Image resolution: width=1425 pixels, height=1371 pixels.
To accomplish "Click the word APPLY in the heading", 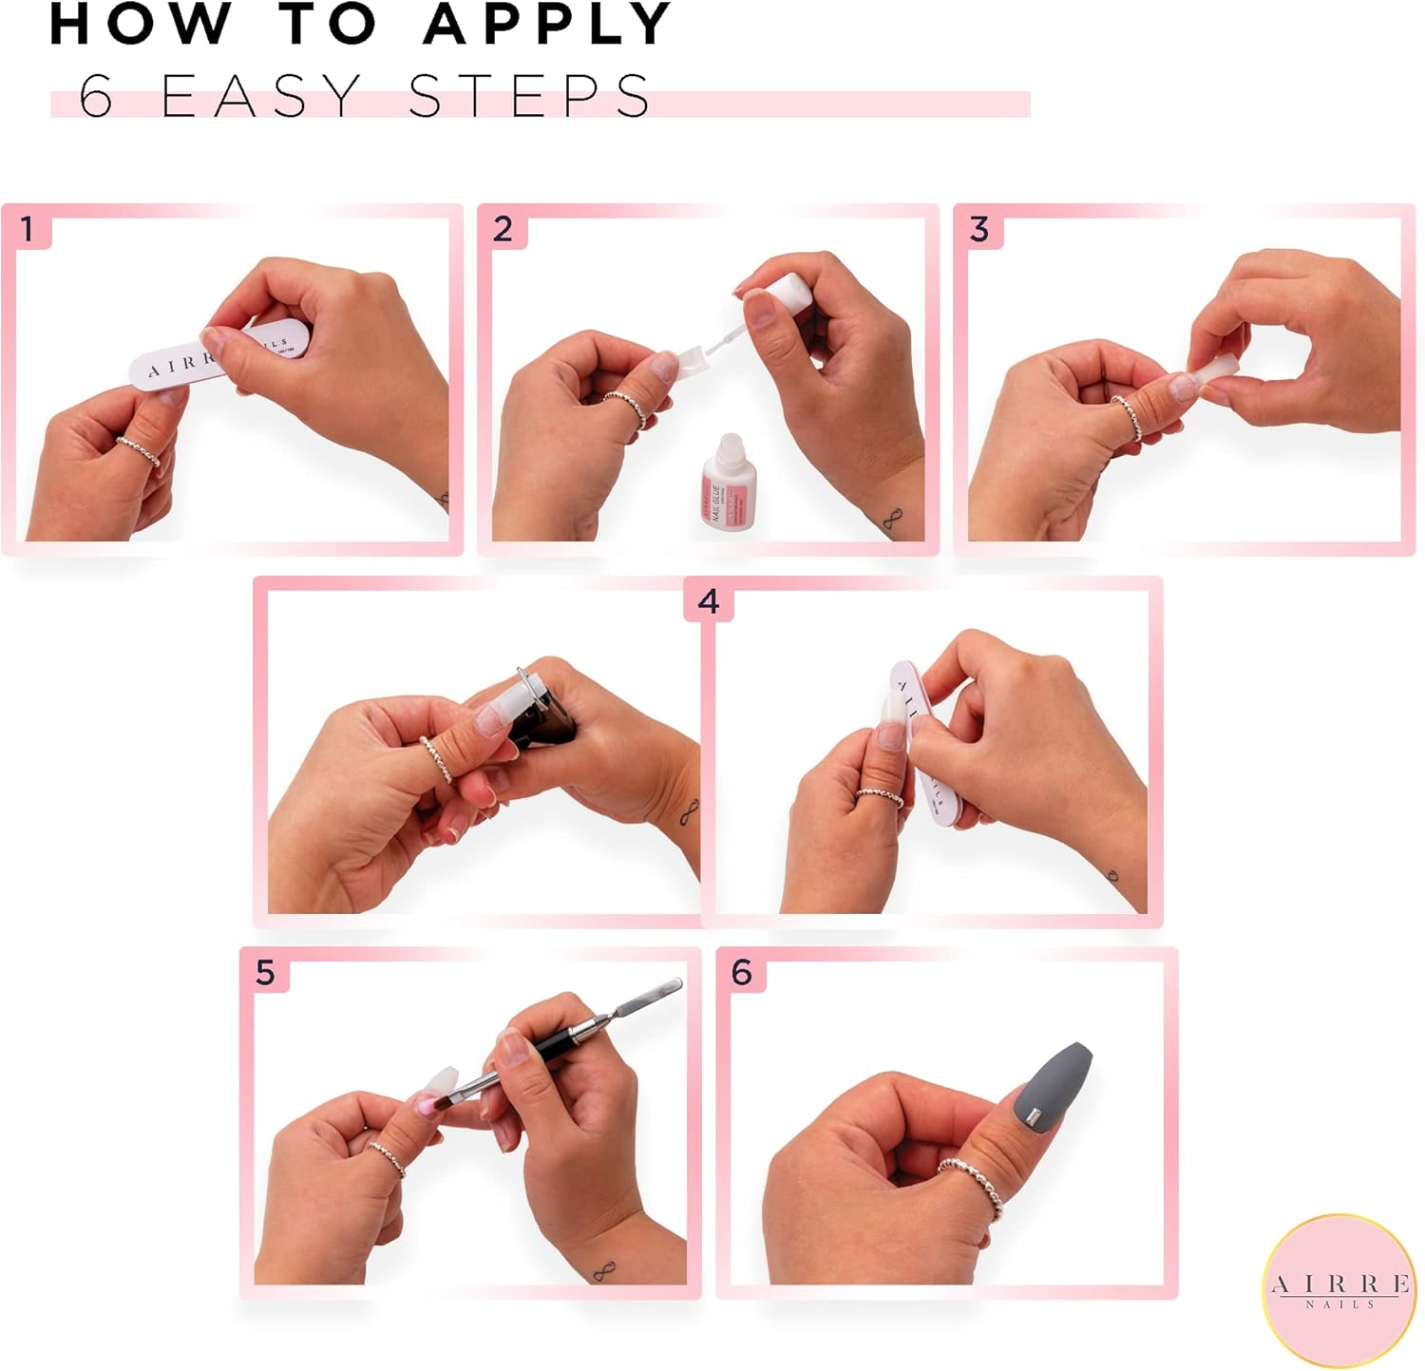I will coord(548,25).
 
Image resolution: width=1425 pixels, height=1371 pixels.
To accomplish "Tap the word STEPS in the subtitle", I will coord(529,96).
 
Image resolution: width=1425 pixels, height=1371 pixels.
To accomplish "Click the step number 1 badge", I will coord(28,229).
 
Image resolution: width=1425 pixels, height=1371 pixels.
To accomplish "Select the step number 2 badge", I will coord(503,229).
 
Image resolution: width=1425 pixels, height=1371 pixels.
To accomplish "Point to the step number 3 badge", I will coord(978,229).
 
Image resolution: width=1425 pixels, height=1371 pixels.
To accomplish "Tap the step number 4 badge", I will coord(708,601).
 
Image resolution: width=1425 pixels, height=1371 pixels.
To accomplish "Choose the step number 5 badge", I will coord(265,972).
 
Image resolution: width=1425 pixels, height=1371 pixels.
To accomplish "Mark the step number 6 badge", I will coord(741,972).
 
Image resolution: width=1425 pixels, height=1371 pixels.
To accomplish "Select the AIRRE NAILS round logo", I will coord(1339,1290).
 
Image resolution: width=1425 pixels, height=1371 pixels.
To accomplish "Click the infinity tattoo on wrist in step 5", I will coord(603,1270).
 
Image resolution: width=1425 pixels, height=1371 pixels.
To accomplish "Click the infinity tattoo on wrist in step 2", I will coord(890,522).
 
